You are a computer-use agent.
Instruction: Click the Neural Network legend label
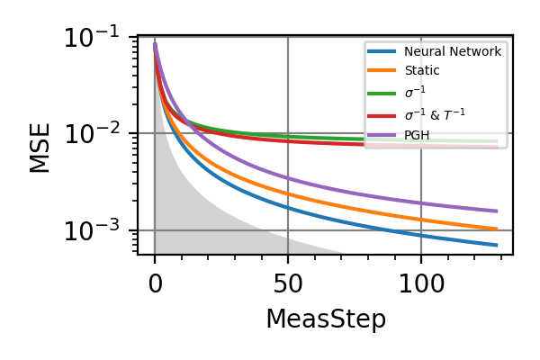[x=453, y=51]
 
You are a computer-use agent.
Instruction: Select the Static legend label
[x=422, y=71]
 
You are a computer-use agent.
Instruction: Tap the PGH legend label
[x=417, y=135]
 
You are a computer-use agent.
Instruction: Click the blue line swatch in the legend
[x=382, y=51]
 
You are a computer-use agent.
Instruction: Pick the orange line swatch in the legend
[x=382, y=71]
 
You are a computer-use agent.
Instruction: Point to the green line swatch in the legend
[x=382, y=93]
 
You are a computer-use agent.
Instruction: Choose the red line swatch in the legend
[x=382, y=114]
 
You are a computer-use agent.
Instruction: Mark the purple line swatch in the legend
[x=382, y=135]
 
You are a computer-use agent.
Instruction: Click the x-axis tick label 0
[x=155, y=284]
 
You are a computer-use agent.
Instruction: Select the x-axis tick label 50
[x=288, y=284]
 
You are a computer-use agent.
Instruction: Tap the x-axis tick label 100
[x=421, y=284]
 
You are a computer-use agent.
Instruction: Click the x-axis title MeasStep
[x=325, y=319]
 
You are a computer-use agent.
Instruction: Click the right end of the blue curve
[x=496, y=245]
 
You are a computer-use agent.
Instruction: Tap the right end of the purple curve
[x=496, y=211]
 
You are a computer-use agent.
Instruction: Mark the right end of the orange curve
[x=496, y=229]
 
